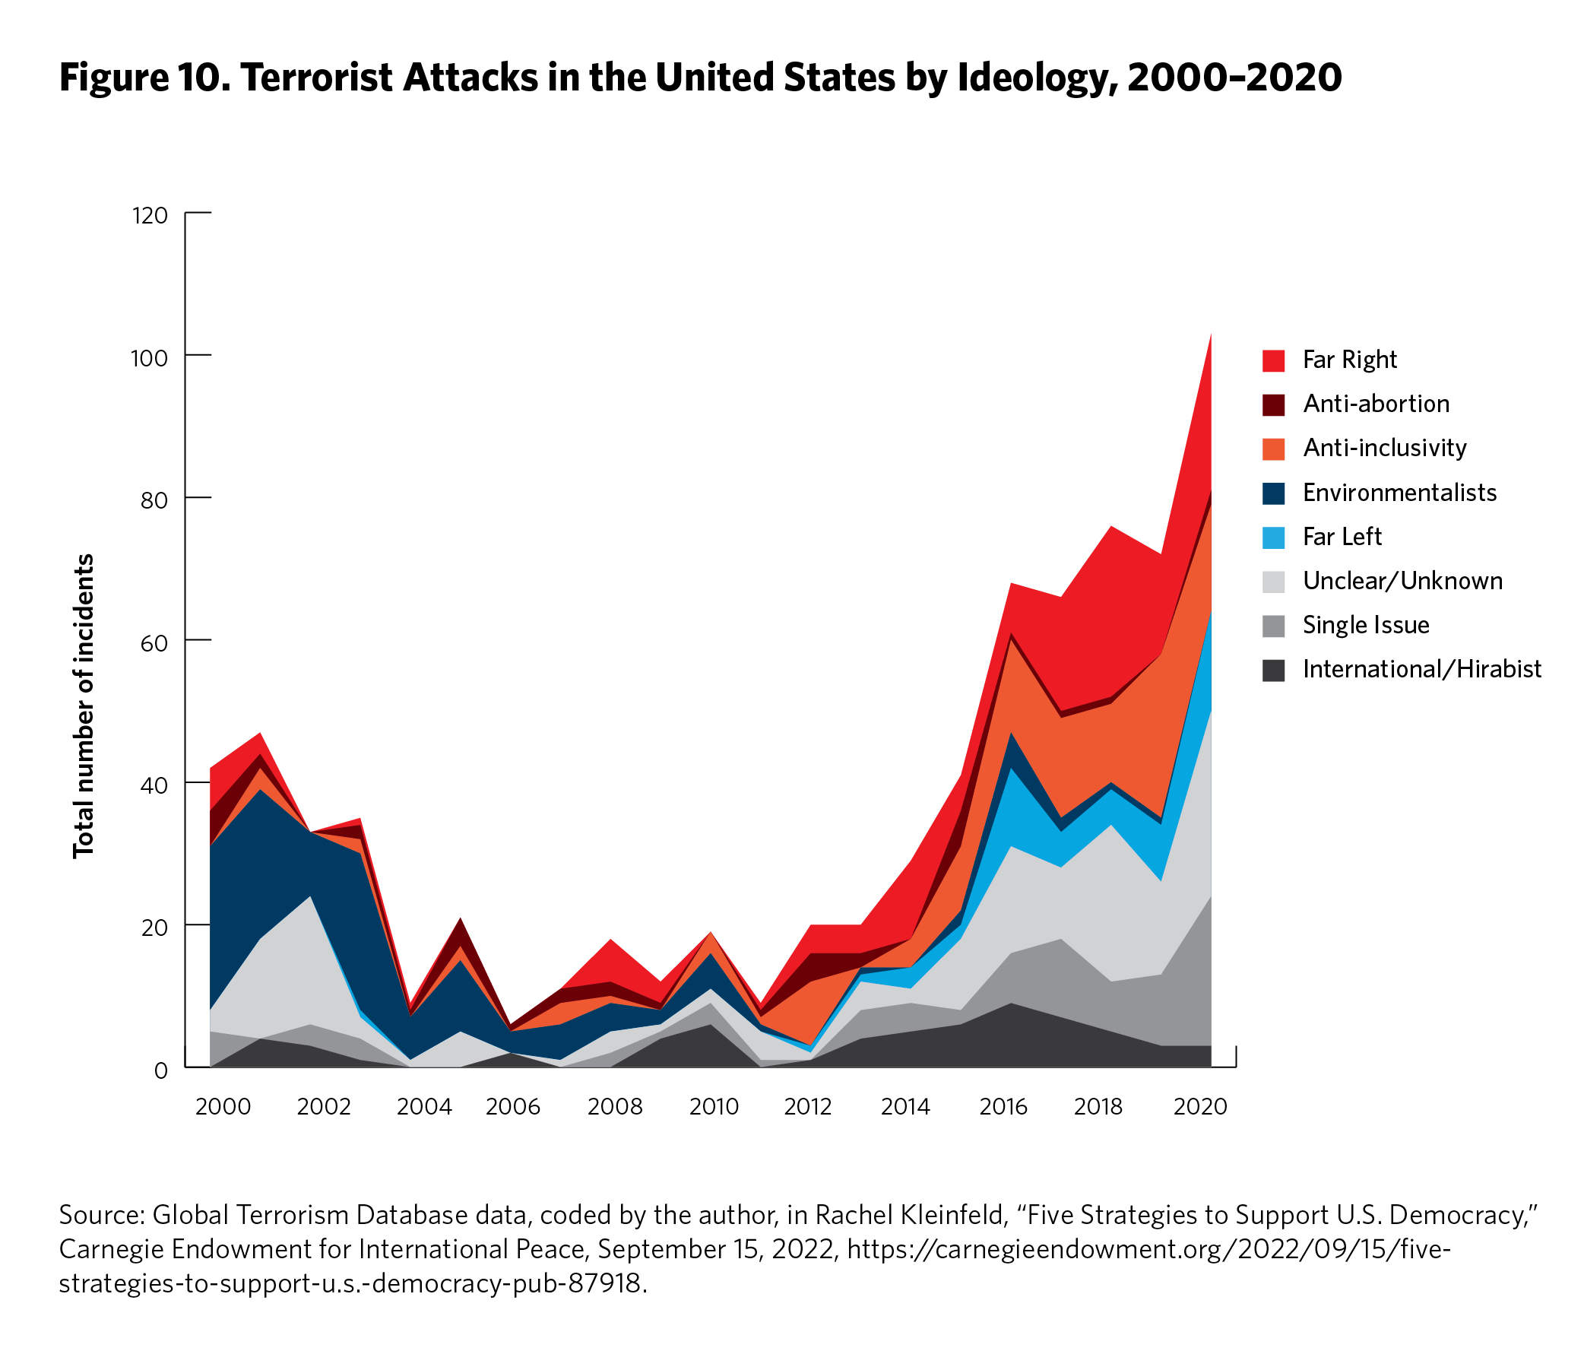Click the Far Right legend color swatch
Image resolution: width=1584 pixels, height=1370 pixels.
(x=1273, y=360)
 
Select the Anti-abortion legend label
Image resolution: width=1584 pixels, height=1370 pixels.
(x=1375, y=404)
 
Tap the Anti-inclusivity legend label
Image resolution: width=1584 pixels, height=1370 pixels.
(x=1383, y=448)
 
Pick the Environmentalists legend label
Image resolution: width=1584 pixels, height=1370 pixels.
(x=1399, y=493)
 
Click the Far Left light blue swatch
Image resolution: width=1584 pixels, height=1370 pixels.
(x=1273, y=538)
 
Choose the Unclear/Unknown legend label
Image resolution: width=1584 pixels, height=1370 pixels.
(x=1402, y=581)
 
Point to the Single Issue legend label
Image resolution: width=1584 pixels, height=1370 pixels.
(x=1365, y=626)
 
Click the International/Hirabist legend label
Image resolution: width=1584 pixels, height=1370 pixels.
(x=1421, y=670)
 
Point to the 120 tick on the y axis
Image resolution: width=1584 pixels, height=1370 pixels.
(x=150, y=216)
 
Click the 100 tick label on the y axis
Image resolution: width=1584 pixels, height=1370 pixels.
(x=149, y=358)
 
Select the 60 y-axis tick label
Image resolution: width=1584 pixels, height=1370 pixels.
(x=153, y=643)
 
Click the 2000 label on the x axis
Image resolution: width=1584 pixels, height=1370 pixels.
(x=223, y=1107)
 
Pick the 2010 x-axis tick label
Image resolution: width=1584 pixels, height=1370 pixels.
(x=713, y=1107)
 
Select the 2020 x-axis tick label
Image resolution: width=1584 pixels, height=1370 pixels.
(x=1199, y=1107)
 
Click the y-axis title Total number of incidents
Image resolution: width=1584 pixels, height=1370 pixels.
(x=84, y=706)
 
